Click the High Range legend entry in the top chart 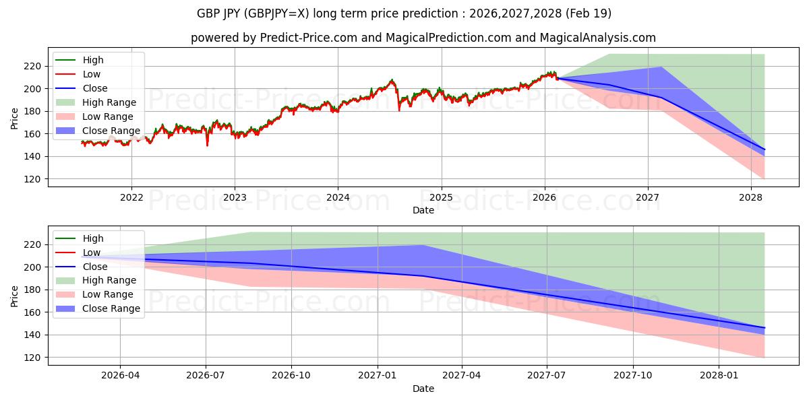(109, 102)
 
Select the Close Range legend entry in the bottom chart (111, 309)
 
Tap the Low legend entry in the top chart (92, 74)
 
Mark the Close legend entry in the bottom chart (94, 267)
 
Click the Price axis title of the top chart (15, 119)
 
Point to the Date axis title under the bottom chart (423, 389)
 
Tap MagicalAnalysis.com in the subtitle (598, 38)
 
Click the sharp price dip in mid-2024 (399, 110)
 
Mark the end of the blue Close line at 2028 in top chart (765, 149)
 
